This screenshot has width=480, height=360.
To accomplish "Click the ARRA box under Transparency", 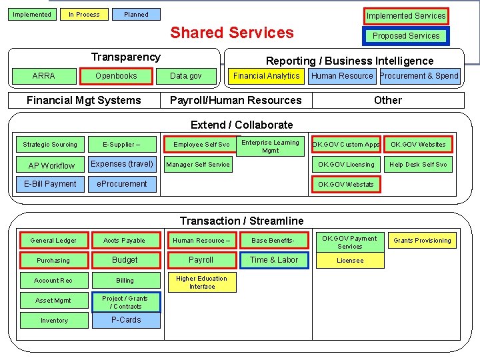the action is pyautogui.click(x=44, y=76).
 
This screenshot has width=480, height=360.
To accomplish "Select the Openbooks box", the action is pyautogui.click(x=116, y=76).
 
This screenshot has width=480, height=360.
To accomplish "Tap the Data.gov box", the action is pyautogui.click(x=186, y=76).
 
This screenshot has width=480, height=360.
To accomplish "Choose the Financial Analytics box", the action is pyautogui.click(x=266, y=76).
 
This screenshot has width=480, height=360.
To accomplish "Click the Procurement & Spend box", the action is pyautogui.click(x=419, y=76).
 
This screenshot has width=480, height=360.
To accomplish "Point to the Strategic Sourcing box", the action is pyautogui.click(x=50, y=145).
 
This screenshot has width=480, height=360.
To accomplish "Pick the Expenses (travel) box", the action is pyautogui.click(x=122, y=164).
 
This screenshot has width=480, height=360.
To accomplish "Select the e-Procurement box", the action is pyautogui.click(x=122, y=184).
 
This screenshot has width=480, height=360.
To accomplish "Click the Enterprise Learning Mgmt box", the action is pyautogui.click(x=270, y=146).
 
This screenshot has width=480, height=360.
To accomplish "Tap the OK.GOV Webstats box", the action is pyautogui.click(x=346, y=184).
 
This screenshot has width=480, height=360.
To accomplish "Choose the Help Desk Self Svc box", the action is pyautogui.click(x=418, y=165).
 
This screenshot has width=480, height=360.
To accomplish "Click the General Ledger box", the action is pyautogui.click(x=53, y=241).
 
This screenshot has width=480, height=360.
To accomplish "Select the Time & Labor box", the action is pyautogui.click(x=274, y=260).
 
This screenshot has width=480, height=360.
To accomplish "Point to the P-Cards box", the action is pyautogui.click(x=126, y=320).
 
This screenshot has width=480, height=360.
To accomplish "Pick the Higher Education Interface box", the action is pyautogui.click(x=201, y=283).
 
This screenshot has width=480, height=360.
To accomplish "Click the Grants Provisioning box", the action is pyautogui.click(x=422, y=241).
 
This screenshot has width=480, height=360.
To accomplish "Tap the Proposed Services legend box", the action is pyautogui.click(x=406, y=36).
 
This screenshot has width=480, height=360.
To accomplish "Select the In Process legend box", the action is pyautogui.click(x=84, y=14).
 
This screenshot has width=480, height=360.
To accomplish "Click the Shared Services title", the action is pyautogui.click(x=232, y=33).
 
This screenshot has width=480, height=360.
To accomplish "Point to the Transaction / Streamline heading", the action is pyautogui.click(x=241, y=221).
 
